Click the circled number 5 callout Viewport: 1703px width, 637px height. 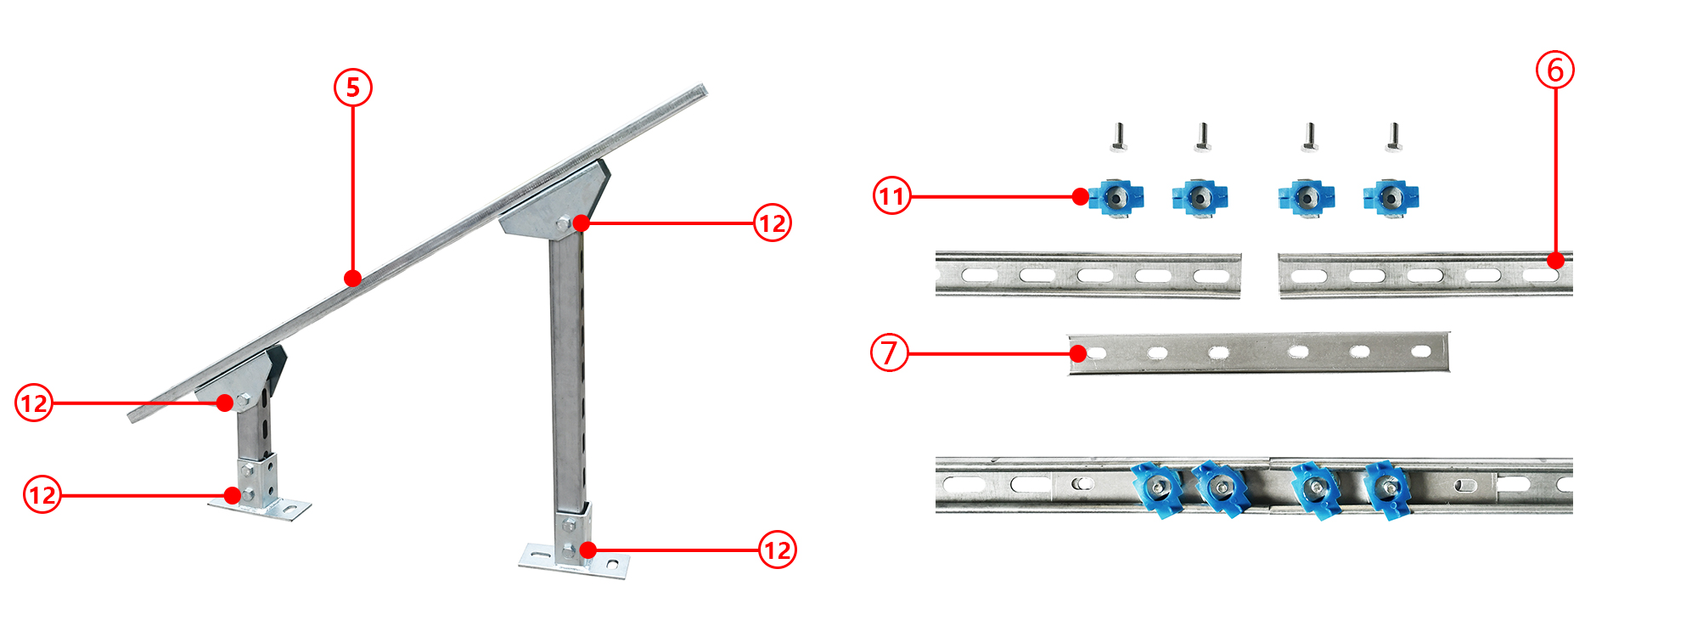pyautogui.click(x=353, y=87)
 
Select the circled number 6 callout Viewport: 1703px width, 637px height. pyautogui.click(x=1555, y=70)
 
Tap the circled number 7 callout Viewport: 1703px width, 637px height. pyautogui.click(x=890, y=352)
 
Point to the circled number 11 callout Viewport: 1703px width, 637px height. pyautogui.click(x=892, y=196)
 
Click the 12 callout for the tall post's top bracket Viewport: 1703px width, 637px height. pyautogui.click(x=773, y=223)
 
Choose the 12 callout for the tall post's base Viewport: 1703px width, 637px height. pyautogui.click(x=778, y=550)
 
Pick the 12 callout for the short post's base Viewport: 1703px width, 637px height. pyautogui.click(x=42, y=495)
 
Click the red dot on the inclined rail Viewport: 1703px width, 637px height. pyautogui.click(x=353, y=278)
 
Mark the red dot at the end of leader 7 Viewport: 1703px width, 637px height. pyautogui.click(x=1078, y=353)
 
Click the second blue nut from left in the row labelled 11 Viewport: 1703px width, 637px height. pyautogui.click(x=1199, y=198)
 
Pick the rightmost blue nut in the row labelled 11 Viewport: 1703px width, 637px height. pyautogui.click(x=1391, y=198)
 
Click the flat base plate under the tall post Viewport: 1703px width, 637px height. pyautogui.click(x=575, y=562)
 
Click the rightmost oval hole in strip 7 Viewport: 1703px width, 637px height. pyautogui.click(x=1420, y=351)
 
